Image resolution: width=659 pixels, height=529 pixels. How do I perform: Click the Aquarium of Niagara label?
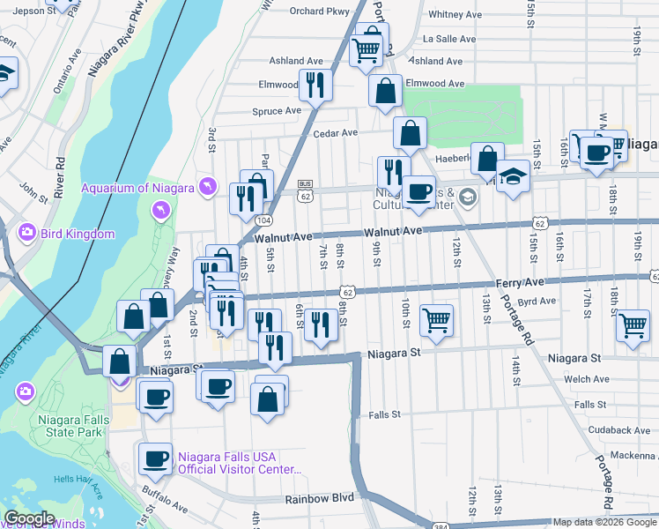(x=137, y=187)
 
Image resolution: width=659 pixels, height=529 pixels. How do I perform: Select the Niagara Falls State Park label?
(x=74, y=427)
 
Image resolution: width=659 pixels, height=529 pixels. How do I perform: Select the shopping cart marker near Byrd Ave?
(x=633, y=324)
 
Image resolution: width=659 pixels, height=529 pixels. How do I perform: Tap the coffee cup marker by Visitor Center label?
(x=156, y=458)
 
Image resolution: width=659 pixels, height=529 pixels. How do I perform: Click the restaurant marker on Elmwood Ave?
(x=315, y=85)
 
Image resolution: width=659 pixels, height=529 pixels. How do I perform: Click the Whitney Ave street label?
(x=454, y=15)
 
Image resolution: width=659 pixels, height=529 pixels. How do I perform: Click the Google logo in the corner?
(x=29, y=518)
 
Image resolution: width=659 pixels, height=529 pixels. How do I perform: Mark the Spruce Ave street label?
(x=277, y=111)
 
